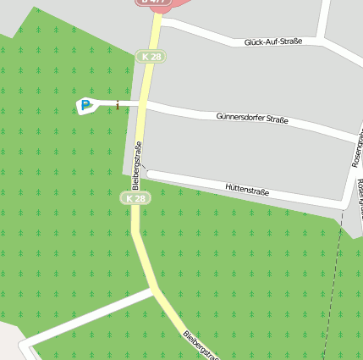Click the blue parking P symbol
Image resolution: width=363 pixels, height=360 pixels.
[x=85, y=106]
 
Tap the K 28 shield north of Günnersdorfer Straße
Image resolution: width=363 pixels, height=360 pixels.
[x=151, y=57]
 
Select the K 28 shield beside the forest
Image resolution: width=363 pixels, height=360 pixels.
[x=135, y=198]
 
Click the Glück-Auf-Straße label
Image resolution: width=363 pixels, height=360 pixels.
[x=272, y=42]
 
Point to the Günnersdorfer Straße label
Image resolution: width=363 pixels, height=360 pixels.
[x=252, y=119]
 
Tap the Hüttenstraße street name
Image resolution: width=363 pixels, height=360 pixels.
[x=247, y=191]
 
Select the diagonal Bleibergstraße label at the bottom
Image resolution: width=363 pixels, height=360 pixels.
[x=201, y=345]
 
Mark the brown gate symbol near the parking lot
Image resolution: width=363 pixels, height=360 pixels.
[x=117, y=104]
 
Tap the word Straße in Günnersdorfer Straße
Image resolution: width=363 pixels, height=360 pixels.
[x=275, y=121]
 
